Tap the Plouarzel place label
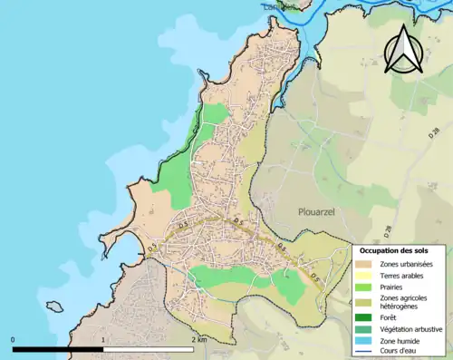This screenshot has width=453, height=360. pos(318,210)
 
